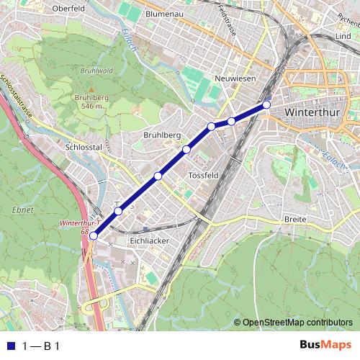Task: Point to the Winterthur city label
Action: [314, 113]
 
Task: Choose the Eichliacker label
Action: [148, 240]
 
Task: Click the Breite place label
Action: [296, 218]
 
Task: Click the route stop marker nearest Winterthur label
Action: [266, 105]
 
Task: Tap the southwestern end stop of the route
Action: [94, 235]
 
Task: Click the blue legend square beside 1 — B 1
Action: [9, 346]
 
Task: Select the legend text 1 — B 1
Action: [40, 346]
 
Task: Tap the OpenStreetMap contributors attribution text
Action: [297, 323]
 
